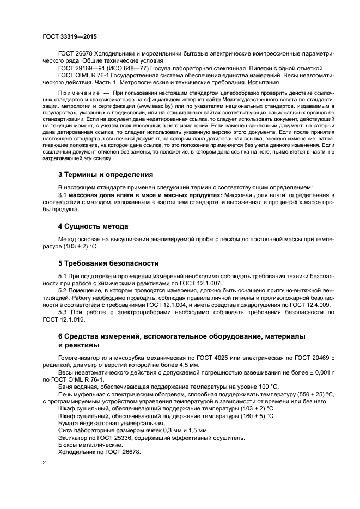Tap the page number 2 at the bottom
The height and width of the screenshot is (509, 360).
coord(44,462)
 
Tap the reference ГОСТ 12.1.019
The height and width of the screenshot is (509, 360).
coord(64,320)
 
